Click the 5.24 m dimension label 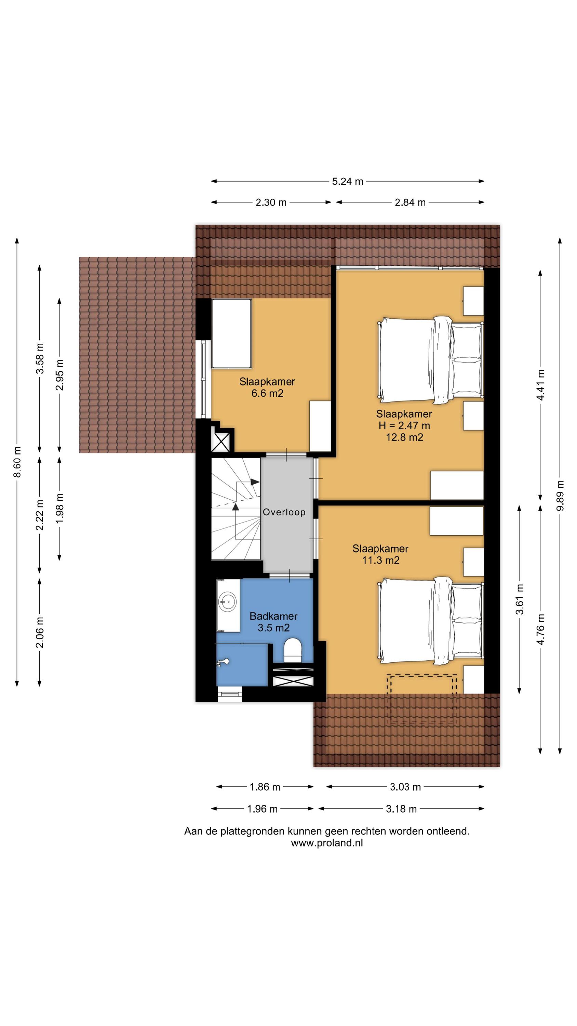(347, 182)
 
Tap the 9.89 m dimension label (560, 495)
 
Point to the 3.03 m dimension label (405, 787)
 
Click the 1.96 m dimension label (262, 809)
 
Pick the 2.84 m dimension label (410, 203)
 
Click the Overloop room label (284, 512)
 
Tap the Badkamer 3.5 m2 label (273, 622)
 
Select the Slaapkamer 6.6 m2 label (267, 387)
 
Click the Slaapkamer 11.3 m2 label (380, 554)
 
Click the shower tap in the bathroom (223, 662)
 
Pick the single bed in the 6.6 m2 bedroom (231, 334)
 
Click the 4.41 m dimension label (541, 385)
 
